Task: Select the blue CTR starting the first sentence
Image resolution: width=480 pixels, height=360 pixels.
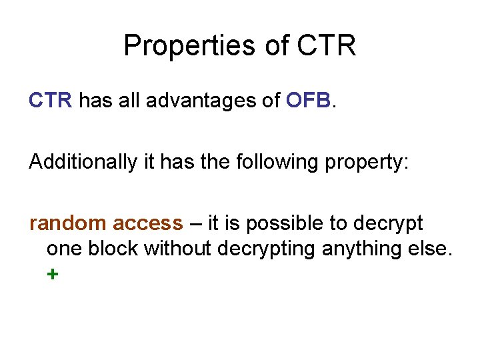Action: tap(50, 101)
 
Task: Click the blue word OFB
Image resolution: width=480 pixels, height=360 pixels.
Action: tap(308, 101)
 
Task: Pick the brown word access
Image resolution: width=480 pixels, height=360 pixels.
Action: tap(148, 223)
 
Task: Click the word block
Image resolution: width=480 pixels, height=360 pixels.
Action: tap(116, 249)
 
